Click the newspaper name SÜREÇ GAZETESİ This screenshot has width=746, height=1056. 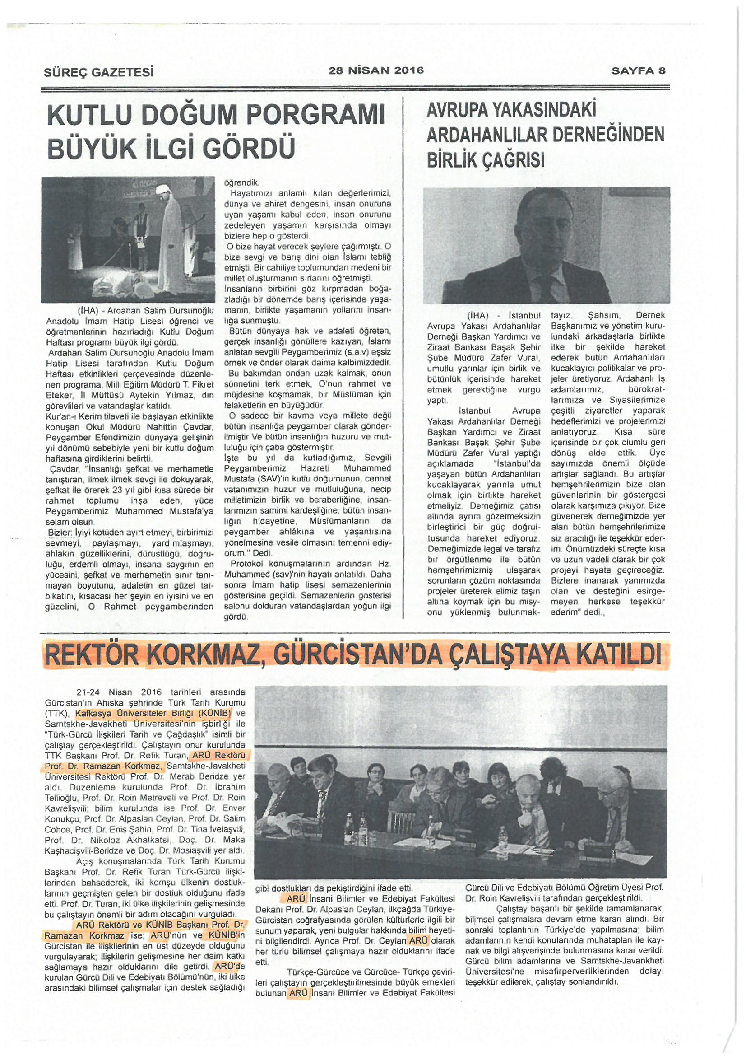[98, 73]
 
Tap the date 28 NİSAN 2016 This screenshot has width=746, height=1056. [376, 70]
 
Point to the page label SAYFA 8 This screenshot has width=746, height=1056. [638, 70]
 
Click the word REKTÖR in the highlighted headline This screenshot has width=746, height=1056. [94, 654]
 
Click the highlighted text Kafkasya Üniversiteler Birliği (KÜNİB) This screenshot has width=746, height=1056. [153, 713]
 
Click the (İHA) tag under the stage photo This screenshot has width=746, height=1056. [89, 311]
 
